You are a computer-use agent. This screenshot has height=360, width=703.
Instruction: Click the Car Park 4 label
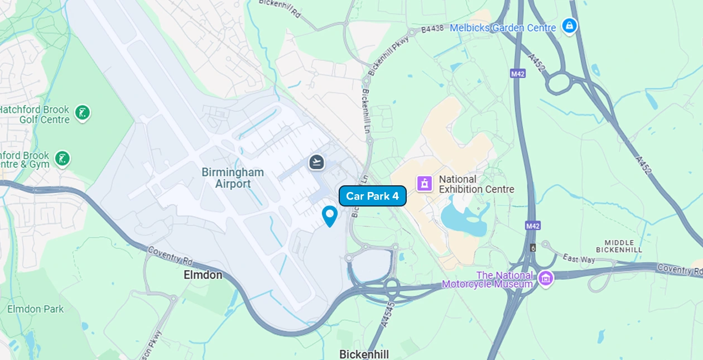point(372,196)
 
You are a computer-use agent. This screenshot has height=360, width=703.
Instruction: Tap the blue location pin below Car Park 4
point(330,215)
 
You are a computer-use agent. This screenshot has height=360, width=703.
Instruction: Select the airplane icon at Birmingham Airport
point(317,162)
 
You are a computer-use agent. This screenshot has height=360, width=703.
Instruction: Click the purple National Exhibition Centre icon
point(425,183)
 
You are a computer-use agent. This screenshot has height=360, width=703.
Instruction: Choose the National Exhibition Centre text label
point(476,184)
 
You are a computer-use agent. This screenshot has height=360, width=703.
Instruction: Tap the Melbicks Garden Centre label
point(503,28)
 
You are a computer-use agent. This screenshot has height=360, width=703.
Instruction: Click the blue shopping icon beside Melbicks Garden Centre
point(569,26)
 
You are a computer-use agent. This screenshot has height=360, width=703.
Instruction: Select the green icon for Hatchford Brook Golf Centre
point(83,113)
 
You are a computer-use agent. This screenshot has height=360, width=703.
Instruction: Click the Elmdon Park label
point(35,309)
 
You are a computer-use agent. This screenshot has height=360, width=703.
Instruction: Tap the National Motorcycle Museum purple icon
point(546,278)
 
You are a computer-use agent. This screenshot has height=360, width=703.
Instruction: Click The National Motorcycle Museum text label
point(487,280)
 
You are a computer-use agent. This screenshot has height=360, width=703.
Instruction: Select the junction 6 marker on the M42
point(533,247)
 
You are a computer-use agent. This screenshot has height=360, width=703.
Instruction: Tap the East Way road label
point(579,258)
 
